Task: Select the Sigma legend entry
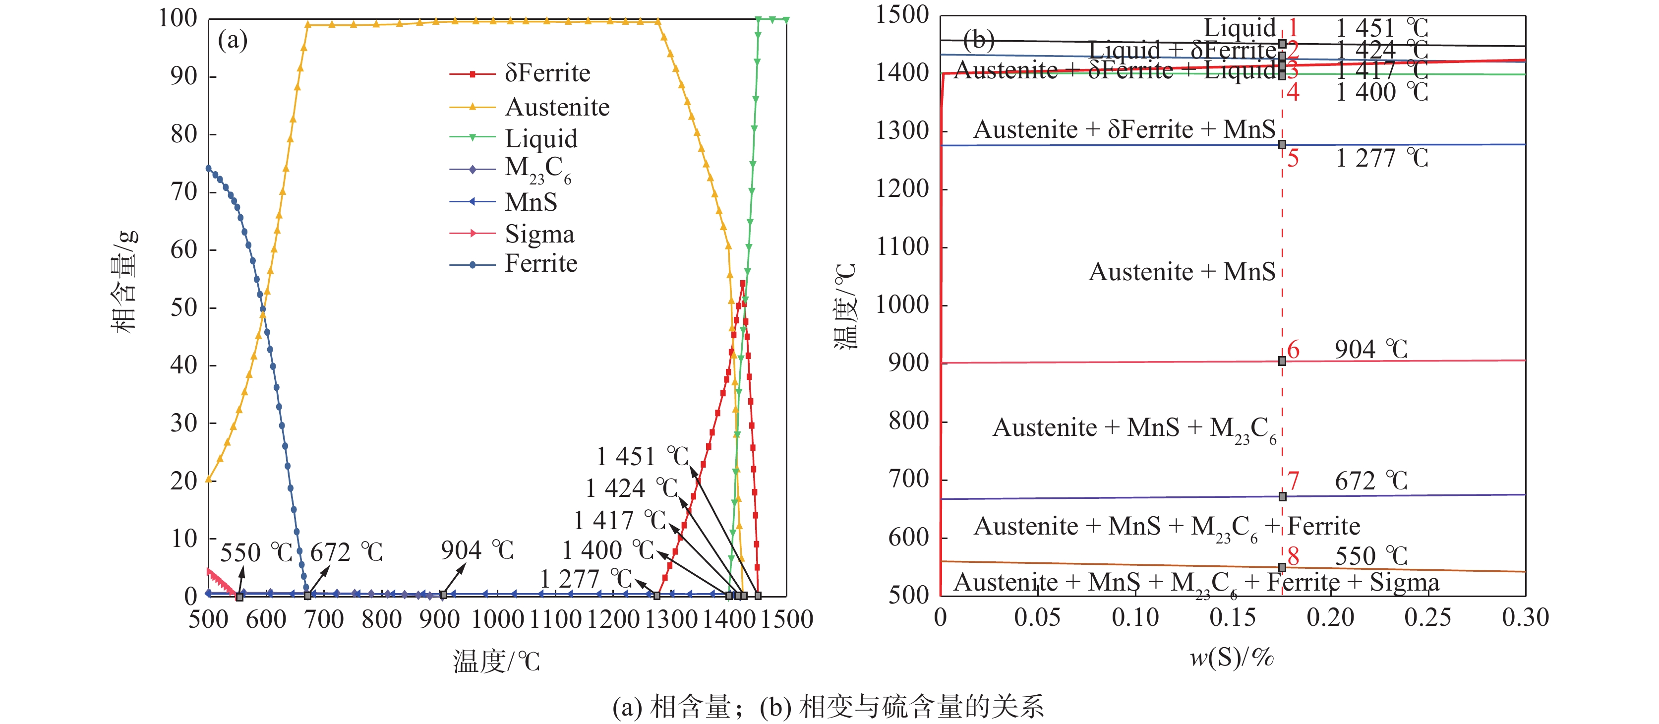pyautogui.click(x=539, y=234)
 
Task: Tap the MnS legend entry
pyautogui.click(x=531, y=202)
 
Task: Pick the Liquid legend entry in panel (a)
pyautogui.click(x=541, y=138)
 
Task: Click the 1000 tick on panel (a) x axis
pyautogui.click(x=497, y=620)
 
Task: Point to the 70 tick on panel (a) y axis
pyautogui.click(x=183, y=192)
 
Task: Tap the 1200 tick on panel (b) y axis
pyautogui.click(x=901, y=189)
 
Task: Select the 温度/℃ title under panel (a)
pyautogui.click(x=496, y=662)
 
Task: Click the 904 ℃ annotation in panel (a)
pyautogui.click(x=477, y=550)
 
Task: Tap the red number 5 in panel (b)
pyautogui.click(x=1293, y=159)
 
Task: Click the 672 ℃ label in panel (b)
pyautogui.click(x=1371, y=481)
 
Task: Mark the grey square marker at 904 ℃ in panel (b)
pyautogui.click(x=1282, y=362)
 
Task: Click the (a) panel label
pyautogui.click(x=233, y=40)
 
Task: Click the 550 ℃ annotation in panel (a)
pyautogui.click(x=256, y=552)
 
